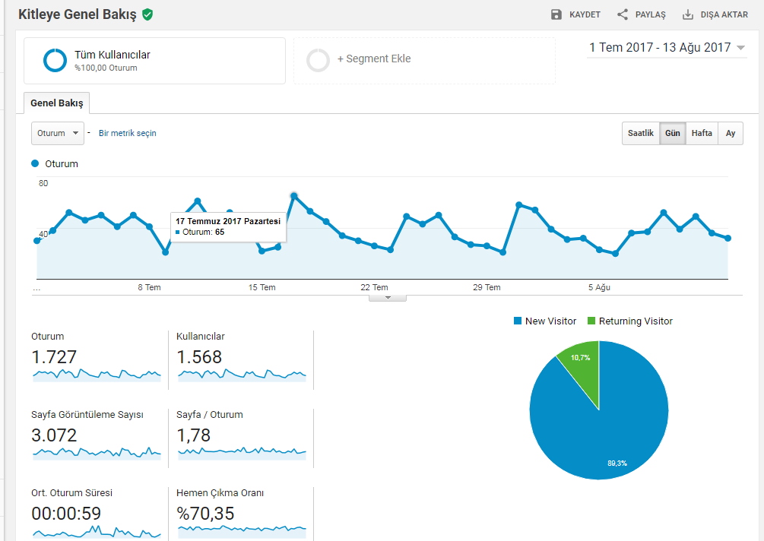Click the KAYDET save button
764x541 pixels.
point(575,14)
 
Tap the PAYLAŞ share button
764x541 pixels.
point(641,14)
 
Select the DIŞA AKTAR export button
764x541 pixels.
point(715,14)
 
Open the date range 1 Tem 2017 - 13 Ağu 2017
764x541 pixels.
point(667,48)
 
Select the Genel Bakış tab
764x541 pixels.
point(56,103)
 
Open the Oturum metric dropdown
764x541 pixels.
point(58,133)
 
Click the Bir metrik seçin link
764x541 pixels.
point(127,133)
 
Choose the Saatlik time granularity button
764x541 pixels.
point(640,133)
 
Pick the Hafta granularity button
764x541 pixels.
point(702,133)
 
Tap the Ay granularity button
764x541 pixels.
point(731,133)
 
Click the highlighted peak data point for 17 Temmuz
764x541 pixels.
point(293,196)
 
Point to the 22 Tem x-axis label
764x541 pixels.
point(374,287)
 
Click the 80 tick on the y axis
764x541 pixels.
point(43,183)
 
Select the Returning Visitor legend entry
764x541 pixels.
point(630,321)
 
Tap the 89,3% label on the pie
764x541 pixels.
point(617,463)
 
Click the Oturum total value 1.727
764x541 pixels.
point(54,357)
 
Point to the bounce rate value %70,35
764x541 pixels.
point(205,513)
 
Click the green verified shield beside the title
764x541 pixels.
point(147,14)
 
